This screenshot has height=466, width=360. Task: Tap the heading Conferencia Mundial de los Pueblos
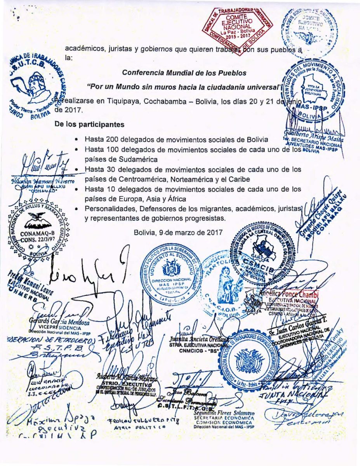tap(184, 73)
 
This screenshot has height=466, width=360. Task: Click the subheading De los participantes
tap(90, 125)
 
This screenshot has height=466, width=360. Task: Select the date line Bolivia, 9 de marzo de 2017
tap(178, 232)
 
